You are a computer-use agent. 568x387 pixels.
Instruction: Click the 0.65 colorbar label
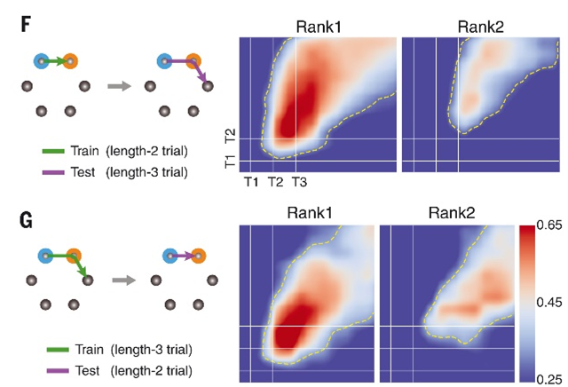tap(551, 230)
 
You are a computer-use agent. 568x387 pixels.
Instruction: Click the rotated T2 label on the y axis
tap(230, 136)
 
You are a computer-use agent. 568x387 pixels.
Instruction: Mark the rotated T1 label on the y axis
tap(230, 162)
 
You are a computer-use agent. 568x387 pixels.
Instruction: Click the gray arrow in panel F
tap(116, 86)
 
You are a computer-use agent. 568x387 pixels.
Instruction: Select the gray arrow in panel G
tap(123, 279)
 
